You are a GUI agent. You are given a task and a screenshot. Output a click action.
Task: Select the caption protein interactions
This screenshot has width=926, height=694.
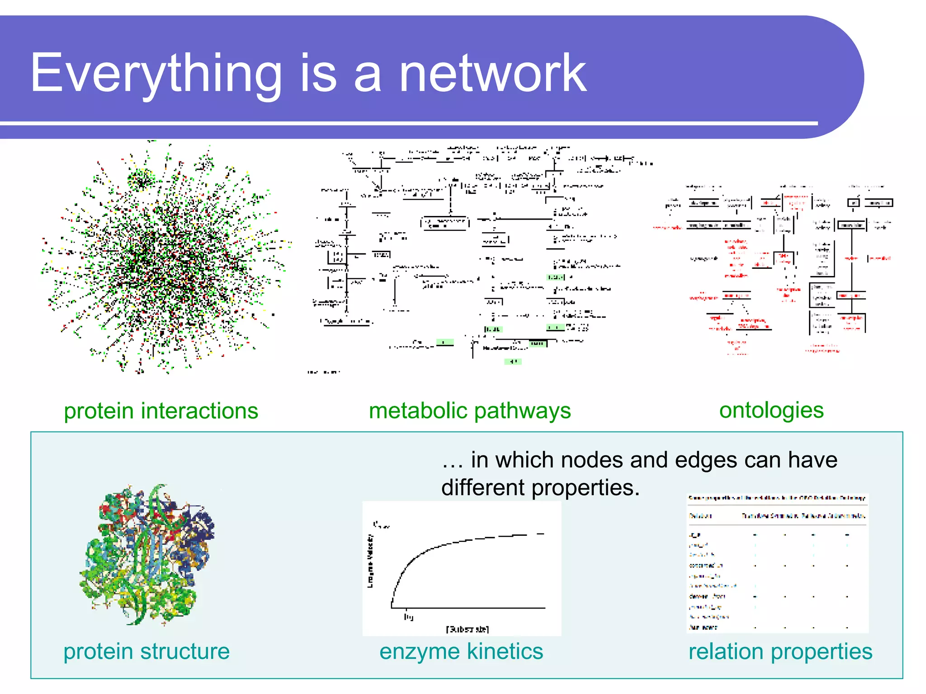pos(161,411)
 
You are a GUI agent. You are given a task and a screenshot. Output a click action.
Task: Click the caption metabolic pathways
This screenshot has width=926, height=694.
pos(470,411)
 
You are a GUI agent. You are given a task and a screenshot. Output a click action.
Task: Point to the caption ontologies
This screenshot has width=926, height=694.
pos(771,410)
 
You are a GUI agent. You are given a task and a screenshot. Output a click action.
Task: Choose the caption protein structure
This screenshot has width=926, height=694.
pos(146,652)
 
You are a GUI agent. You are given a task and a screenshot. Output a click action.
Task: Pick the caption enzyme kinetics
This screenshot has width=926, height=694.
pos(461,652)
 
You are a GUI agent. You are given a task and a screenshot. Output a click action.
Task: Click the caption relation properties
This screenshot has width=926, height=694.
pos(780,652)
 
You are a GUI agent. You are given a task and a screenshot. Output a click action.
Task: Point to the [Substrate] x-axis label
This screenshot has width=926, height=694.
pos(467,629)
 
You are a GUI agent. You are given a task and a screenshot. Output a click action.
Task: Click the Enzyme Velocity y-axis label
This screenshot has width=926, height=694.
pos(370,562)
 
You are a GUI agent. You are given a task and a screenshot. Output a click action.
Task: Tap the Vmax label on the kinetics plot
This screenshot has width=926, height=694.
pos(381,525)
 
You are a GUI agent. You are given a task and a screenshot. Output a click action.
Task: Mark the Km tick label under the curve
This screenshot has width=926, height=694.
pos(408,617)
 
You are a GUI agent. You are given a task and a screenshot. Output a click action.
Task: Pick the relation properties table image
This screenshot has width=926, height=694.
pos(777,563)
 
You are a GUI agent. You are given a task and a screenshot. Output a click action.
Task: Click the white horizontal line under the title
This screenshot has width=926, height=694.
pos(407,123)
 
